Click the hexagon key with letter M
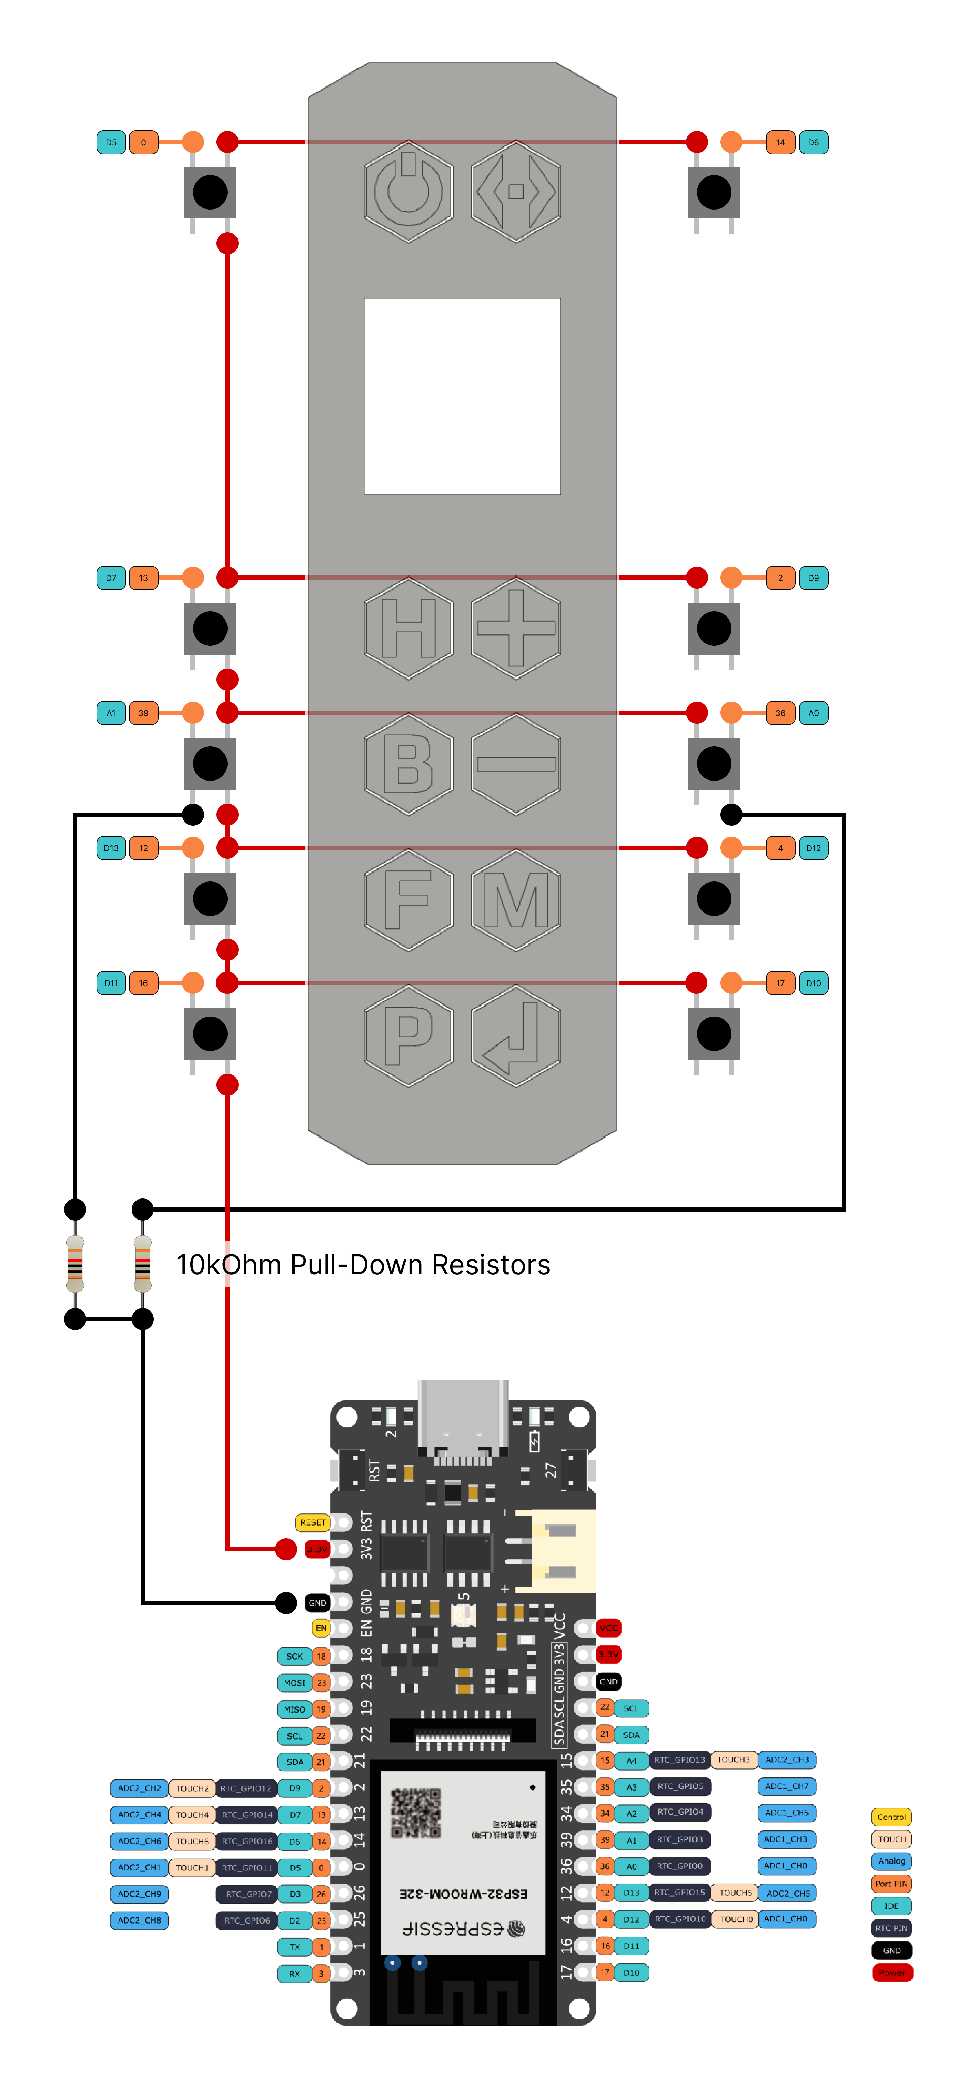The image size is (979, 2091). (x=515, y=899)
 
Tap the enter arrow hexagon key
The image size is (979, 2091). (x=515, y=1035)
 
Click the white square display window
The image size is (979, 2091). (x=462, y=396)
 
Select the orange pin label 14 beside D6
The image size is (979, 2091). (x=779, y=143)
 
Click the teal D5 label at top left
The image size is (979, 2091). (x=111, y=143)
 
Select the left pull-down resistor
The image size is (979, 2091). (x=75, y=1264)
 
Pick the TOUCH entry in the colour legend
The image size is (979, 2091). (x=891, y=1839)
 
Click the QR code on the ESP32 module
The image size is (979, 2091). (x=416, y=1813)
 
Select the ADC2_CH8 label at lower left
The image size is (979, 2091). (x=140, y=1920)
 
